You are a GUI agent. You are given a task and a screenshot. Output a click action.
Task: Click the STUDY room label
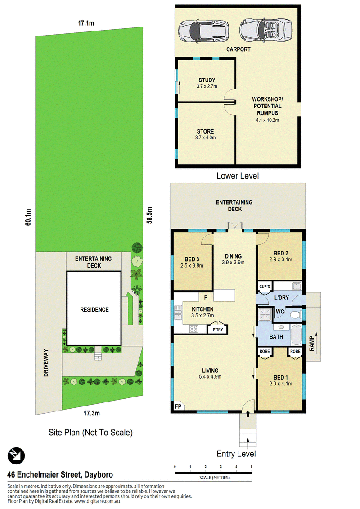(x=207, y=80)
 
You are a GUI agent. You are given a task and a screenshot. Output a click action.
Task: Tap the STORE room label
(x=205, y=131)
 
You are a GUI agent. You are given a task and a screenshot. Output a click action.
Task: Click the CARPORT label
(x=238, y=49)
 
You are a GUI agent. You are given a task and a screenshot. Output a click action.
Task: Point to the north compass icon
(x=16, y=455)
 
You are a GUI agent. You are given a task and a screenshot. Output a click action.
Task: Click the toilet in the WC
(x=296, y=315)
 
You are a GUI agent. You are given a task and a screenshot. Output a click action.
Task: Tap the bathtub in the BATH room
(x=296, y=335)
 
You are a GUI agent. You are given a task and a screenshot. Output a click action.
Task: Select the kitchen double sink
(x=178, y=313)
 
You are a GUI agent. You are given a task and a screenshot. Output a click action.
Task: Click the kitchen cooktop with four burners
(x=194, y=329)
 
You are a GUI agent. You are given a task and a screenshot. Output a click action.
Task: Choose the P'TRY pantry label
(x=218, y=330)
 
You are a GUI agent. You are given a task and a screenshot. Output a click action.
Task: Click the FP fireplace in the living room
(x=178, y=406)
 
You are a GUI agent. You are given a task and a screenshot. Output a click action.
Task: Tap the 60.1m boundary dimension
(x=28, y=217)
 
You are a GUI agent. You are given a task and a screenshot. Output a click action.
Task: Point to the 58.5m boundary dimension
(x=149, y=215)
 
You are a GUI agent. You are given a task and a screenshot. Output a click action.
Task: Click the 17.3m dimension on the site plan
(x=92, y=413)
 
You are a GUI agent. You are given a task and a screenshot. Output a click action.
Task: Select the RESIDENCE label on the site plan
(x=94, y=310)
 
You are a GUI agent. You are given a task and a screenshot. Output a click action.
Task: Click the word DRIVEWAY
(x=46, y=363)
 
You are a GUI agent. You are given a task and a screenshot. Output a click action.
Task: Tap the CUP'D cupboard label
(x=265, y=286)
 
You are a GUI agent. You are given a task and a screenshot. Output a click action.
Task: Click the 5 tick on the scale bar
(x=252, y=467)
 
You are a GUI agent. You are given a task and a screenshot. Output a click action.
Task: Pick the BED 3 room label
(x=192, y=259)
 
